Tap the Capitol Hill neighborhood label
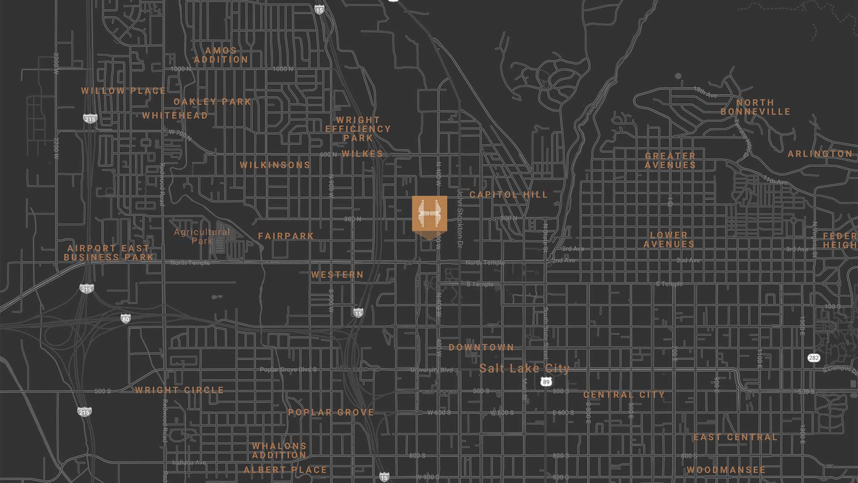[509, 195]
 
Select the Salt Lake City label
[525, 369]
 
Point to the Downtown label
[481, 347]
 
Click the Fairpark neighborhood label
[286, 236]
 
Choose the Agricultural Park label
[202, 236]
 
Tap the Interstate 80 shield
[126, 319]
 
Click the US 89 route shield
[546, 382]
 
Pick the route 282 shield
[814, 358]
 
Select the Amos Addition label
[221, 55]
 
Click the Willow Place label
[123, 91]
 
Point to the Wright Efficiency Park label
[358, 129]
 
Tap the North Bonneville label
[755, 107]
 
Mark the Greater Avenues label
[670, 160]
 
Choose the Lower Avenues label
[669, 240]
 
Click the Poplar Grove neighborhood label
[331, 412]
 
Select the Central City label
[624, 395]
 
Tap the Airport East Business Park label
[109, 253]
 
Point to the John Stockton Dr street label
[460, 217]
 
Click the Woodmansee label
[726, 470]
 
